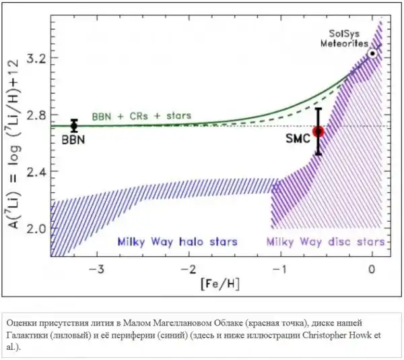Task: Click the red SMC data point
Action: (318, 132)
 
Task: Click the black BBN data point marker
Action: (74, 126)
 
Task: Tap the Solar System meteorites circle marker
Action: (373, 53)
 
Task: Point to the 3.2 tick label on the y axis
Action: (37, 59)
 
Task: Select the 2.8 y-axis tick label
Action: (37, 115)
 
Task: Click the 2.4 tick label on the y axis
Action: (37, 172)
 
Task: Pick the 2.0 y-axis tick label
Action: (37, 229)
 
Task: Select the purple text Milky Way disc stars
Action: (326, 241)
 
